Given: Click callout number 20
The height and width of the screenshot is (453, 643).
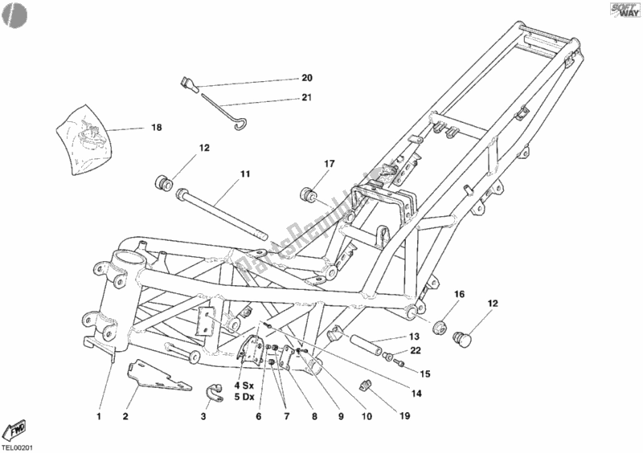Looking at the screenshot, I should coord(307,78).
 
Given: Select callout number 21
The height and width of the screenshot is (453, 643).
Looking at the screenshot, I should coord(307,98).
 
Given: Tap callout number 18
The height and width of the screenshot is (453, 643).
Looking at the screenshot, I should coord(156,127).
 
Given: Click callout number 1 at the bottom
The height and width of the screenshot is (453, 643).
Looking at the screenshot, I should coord(100,416).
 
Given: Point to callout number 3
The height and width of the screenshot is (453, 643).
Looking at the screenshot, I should coord(203,416).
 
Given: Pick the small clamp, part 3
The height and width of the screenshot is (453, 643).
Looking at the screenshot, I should coord(215,391).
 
